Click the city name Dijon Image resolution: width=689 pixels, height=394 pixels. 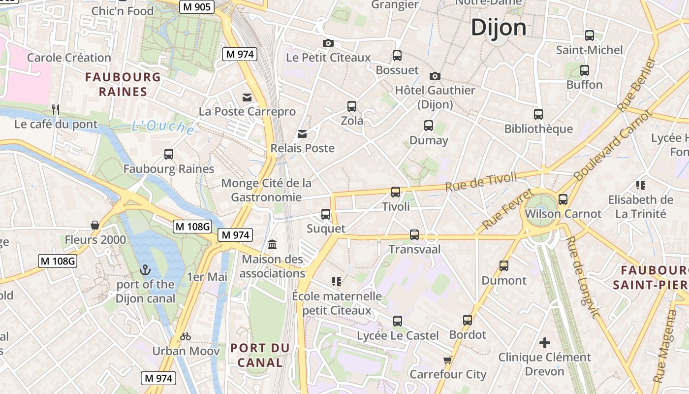pyautogui.click(x=499, y=28)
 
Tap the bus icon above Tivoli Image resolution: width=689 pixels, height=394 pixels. pyautogui.click(x=396, y=192)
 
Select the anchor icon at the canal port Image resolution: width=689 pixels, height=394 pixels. pyautogui.click(x=145, y=270)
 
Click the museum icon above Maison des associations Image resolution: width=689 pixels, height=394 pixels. pyautogui.click(x=272, y=244)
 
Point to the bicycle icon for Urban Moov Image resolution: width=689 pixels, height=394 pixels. pyautogui.click(x=186, y=337)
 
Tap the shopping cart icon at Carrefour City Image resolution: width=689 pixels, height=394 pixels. pyautogui.click(x=447, y=361)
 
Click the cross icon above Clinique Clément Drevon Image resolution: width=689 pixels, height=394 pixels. pyautogui.click(x=544, y=342)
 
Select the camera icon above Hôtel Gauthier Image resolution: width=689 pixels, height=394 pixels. pyautogui.click(x=435, y=76)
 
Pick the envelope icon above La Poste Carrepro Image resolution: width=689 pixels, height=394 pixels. pyautogui.click(x=247, y=98)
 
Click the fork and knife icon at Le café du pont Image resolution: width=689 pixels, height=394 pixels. pyautogui.click(x=56, y=109)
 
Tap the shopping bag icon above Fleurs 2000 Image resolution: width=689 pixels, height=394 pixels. pyautogui.click(x=95, y=225)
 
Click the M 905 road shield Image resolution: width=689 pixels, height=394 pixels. pyautogui.click(x=196, y=6)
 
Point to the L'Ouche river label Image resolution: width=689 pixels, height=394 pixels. pyautogui.click(x=163, y=127)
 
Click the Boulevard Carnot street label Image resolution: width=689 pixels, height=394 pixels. pyautogui.click(x=612, y=145)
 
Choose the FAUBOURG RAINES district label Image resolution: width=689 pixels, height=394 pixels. pyautogui.click(x=123, y=84)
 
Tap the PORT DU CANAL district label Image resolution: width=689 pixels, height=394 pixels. pyautogui.click(x=260, y=355)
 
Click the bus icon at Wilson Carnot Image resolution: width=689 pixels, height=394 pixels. pyautogui.click(x=563, y=199)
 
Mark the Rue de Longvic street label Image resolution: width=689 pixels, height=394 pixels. pyautogui.click(x=584, y=277)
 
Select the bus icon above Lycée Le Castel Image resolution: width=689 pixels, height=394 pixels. pyautogui.click(x=398, y=321)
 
